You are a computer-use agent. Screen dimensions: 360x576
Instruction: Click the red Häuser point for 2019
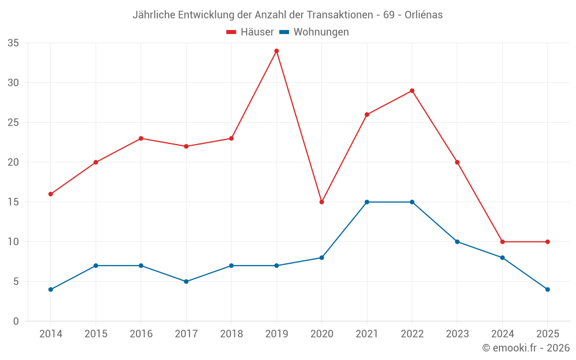pyautogui.click(x=276, y=51)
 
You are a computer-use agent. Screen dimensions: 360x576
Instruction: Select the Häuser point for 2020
pyautogui.click(x=321, y=202)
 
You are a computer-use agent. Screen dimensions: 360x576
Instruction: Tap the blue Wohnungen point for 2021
pyautogui.click(x=367, y=202)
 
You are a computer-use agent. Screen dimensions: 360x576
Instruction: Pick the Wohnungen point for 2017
pyautogui.click(x=186, y=282)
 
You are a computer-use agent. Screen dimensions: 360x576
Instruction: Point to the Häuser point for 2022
pyautogui.click(x=412, y=90)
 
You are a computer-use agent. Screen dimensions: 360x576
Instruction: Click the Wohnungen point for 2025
pyautogui.click(x=548, y=290)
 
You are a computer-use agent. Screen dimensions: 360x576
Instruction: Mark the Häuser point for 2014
pyautogui.click(x=51, y=194)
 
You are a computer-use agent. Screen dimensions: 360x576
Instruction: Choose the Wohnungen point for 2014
pyautogui.click(x=51, y=290)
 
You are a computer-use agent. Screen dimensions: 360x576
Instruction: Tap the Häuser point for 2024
pyautogui.click(x=502, y=242)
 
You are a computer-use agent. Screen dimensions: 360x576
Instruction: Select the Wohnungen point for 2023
pyautogui.click(x=457, y=242)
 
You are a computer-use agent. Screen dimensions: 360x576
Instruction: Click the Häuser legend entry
pyautogui.click(x=251, y=32)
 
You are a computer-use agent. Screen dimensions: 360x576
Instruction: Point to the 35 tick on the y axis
pyautogui.click(x=13, y=43)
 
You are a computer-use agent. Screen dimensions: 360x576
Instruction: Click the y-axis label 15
pyautogui.click(x=13, y=202)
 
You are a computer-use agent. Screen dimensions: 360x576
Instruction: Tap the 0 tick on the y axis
pyautogui.click(x=16, y=321)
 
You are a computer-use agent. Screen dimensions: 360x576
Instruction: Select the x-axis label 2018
pyautogui.click(x=231, y=334)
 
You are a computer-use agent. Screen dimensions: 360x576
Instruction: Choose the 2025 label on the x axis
pyautogui.click(x=548, y=334)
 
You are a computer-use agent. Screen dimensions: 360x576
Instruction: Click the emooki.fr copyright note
pyautogui.click(x=526, y=348)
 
